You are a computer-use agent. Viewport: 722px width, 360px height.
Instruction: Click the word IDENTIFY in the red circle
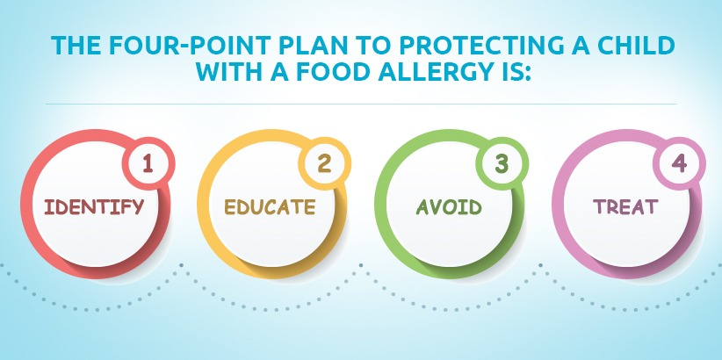94,206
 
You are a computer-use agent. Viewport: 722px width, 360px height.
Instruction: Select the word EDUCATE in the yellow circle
270,206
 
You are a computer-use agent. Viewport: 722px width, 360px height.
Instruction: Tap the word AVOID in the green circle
449,206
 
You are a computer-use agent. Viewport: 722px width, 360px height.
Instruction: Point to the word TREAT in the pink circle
625,206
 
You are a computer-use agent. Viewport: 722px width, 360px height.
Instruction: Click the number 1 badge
148,163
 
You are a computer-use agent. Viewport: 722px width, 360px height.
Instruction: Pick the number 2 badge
325,163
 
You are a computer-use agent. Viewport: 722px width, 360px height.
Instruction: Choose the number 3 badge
502,163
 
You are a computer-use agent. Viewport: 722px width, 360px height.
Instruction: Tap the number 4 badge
679,163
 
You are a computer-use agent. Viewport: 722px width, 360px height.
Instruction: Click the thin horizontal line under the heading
361,104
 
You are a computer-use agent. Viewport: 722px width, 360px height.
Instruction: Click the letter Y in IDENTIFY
138,206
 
